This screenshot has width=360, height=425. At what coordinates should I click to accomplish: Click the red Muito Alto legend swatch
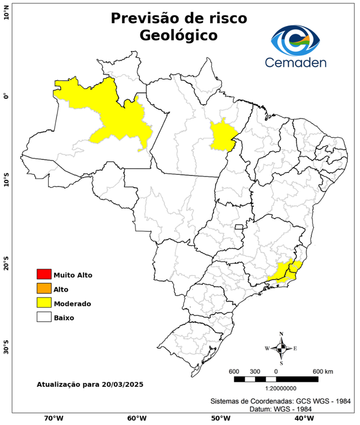pos(44,274)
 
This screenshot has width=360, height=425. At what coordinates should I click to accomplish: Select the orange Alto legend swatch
pos(44,288)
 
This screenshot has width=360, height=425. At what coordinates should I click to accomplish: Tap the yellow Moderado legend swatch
pos(44,303)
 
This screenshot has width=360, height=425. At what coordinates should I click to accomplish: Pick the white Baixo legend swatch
pos(44,317)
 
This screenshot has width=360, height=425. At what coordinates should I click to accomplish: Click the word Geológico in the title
pos(178,35)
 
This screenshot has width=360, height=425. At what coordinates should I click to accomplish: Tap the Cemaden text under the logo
pos(296,63)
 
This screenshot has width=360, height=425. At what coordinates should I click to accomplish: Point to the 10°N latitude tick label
pos(6,13)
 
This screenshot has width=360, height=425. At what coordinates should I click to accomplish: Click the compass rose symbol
pos(281,348)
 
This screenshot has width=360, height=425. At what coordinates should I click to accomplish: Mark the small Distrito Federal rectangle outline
pos(239,227)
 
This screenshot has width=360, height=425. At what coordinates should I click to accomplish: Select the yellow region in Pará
pos(222,137)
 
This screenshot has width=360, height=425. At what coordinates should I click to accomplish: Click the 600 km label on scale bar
pos(322,371)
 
